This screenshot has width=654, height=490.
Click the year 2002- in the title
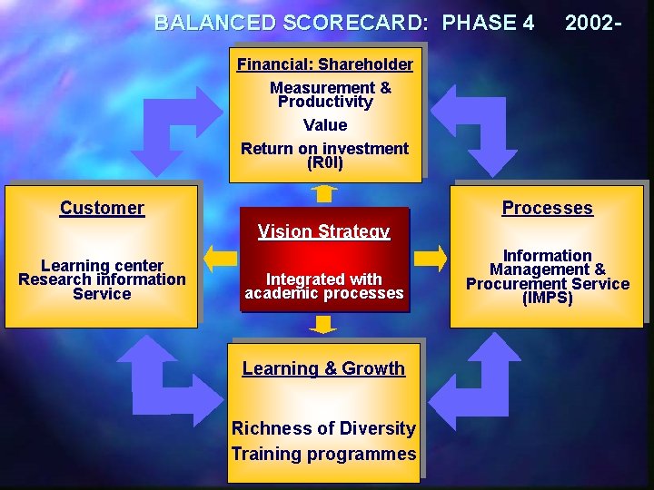[592, 23]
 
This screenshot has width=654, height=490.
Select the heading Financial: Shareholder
[324, 64]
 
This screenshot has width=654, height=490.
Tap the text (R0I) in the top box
[324, 163]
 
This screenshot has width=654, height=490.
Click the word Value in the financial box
[324, 125]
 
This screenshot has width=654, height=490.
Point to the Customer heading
[102, 208]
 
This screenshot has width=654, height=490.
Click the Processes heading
[547, 208]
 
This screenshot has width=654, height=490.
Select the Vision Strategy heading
[323, 231]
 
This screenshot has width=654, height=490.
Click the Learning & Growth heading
[323, 368]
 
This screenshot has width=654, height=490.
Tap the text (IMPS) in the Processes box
[547, 298]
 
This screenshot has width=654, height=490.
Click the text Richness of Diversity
[323, 428]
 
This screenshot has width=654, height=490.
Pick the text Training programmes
[323, 454]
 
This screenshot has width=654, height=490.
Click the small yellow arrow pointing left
[220, 258]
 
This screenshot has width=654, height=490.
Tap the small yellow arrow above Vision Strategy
[323, 192]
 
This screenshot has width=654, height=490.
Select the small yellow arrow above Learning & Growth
[323, 324]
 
